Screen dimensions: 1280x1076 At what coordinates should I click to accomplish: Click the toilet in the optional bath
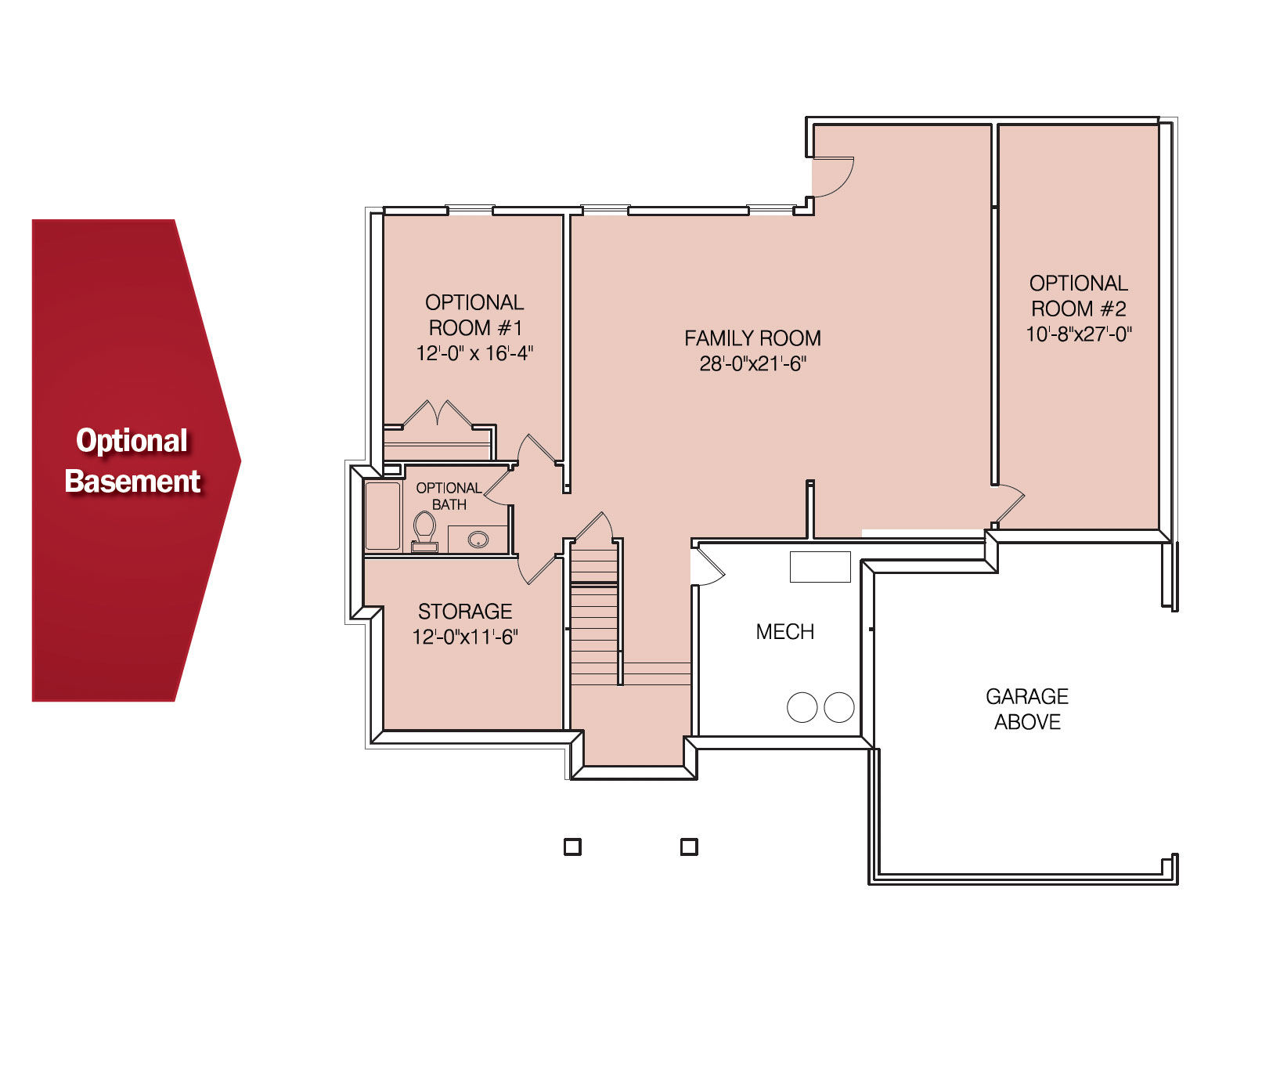424,531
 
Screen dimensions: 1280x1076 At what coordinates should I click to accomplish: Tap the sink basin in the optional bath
478,539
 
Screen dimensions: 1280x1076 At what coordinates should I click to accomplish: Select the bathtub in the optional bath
383,516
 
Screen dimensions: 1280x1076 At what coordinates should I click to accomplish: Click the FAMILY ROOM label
752,338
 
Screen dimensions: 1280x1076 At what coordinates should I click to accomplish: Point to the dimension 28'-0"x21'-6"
752,363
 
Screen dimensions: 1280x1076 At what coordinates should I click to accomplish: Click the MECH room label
785,632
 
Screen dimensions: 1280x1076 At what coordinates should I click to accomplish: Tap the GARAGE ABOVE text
1027,709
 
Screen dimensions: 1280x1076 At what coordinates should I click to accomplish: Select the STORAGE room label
465,612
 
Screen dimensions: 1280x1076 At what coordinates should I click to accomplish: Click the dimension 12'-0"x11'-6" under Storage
465,637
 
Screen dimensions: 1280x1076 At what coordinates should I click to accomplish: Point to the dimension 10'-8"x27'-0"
1079,334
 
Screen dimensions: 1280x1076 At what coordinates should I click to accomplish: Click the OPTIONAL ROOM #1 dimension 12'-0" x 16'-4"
474,353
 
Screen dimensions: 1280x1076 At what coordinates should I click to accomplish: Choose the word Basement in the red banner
133,481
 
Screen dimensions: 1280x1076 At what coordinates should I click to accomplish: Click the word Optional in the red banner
132,441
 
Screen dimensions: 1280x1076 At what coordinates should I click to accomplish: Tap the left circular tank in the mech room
802,707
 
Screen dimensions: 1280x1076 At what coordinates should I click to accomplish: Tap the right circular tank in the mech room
839,707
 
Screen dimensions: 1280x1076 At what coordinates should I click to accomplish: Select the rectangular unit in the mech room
820,567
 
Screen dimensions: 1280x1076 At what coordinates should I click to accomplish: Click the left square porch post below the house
572,847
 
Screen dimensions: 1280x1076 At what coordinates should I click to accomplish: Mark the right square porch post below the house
689,847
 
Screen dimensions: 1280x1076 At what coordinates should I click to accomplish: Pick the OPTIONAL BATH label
449,496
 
